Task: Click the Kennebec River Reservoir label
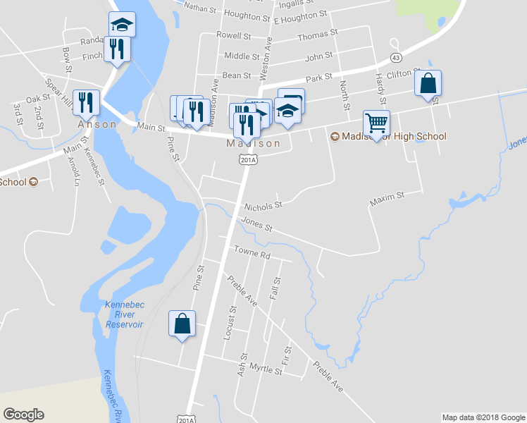pyautogui.click(x=124, y=314)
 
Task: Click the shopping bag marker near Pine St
pyautogui.click(x=182, y=324)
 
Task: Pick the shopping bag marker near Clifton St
pyautogui.click(x=428, y=84)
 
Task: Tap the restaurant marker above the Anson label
pyautogui.click(x=85, y=103)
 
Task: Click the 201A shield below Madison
pyautogui.click(x=247, y=161)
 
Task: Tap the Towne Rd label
pyautogui.click(x=252, y=252)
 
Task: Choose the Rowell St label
pyautogui.click(x=234, y=35)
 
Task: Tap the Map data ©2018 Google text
pyautogui.click(x=483, y=417)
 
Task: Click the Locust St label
pyautogui.click(x=229, y=323)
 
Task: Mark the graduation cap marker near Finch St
pyautogui.click(x=122, y=26)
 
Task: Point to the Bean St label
pyautogui.click(x=237, y=75)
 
